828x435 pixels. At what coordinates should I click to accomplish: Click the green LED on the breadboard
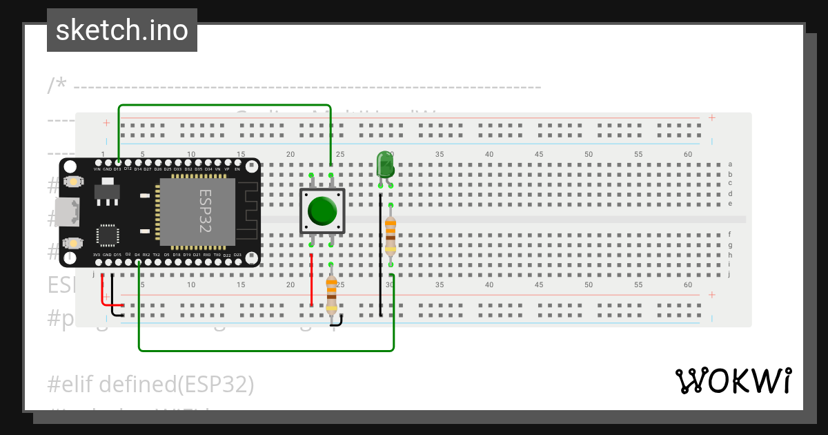[x=384, y=165]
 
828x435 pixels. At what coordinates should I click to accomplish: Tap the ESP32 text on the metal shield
[x=205, y=211]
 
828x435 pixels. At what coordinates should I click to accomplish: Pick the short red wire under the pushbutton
[x=311, y=280]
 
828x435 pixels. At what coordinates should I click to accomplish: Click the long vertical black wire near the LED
[x=380, y=255]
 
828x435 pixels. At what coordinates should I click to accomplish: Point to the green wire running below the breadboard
[x=266, y=350]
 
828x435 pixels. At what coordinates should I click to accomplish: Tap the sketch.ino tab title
[x=122, y=30]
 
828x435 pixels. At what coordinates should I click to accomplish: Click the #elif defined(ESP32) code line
[x=151, y=384]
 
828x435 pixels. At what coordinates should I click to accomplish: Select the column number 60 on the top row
[x=687, y=154]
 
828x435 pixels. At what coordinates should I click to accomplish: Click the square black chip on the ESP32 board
[x=108, y=235]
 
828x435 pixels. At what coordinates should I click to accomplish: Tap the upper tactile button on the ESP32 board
[x=72, y=182]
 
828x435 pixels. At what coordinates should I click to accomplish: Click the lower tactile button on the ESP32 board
[x=72, y=243]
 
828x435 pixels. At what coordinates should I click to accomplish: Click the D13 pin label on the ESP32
[x=118, y=168]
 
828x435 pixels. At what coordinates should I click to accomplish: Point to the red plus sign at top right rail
[x=711, y=118]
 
